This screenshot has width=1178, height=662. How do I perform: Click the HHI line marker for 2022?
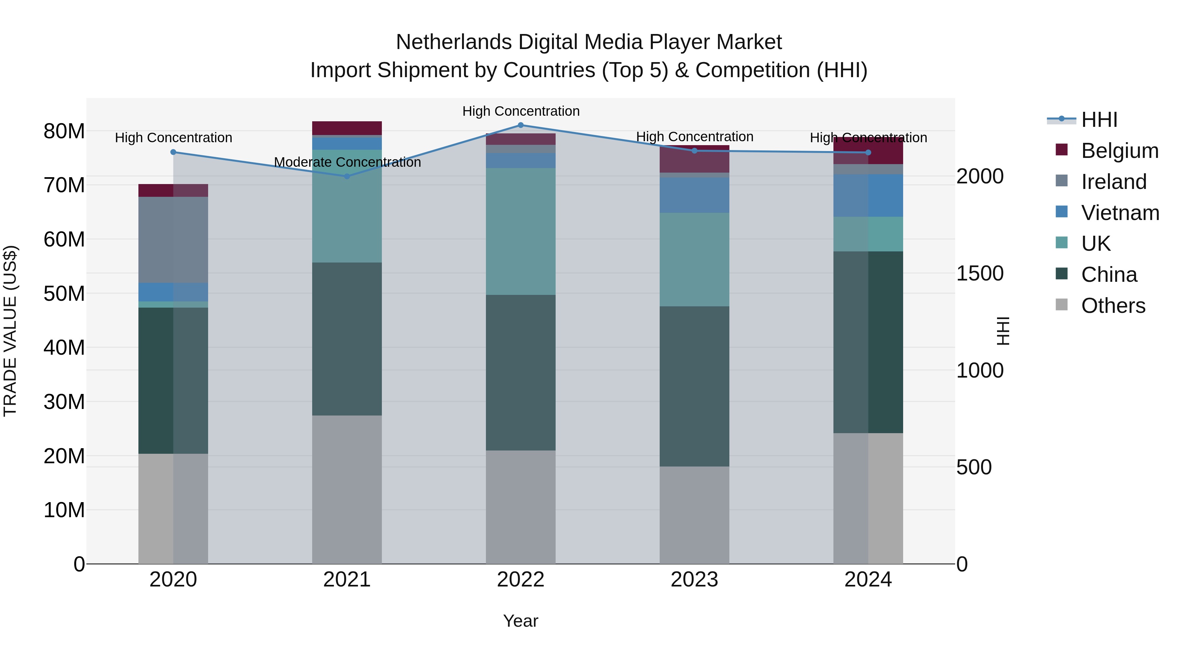tap(520, 125)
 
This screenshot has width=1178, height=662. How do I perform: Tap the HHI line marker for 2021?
tap(347, 176)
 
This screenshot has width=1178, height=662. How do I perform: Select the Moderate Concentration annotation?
tap(347, 162)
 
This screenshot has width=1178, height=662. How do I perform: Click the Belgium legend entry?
tap(1119, 151)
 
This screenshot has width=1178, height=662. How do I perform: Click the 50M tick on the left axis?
tap(64, 293)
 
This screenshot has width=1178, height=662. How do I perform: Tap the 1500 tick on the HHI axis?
tap(979, 273)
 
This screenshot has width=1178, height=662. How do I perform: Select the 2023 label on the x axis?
tap(694, 580)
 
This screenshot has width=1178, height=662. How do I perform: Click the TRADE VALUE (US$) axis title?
tap(10, 331)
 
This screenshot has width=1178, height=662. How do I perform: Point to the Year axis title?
tap(520, 621)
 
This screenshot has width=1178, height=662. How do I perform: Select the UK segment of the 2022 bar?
tap(520, 231)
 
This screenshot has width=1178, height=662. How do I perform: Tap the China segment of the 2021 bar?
tap(347, 339)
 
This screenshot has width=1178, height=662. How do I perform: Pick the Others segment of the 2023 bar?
tap(694, 515)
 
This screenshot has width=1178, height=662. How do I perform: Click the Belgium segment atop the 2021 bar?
tap(347, 128)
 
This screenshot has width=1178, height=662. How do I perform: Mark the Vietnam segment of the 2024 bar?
tap(868, 195)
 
